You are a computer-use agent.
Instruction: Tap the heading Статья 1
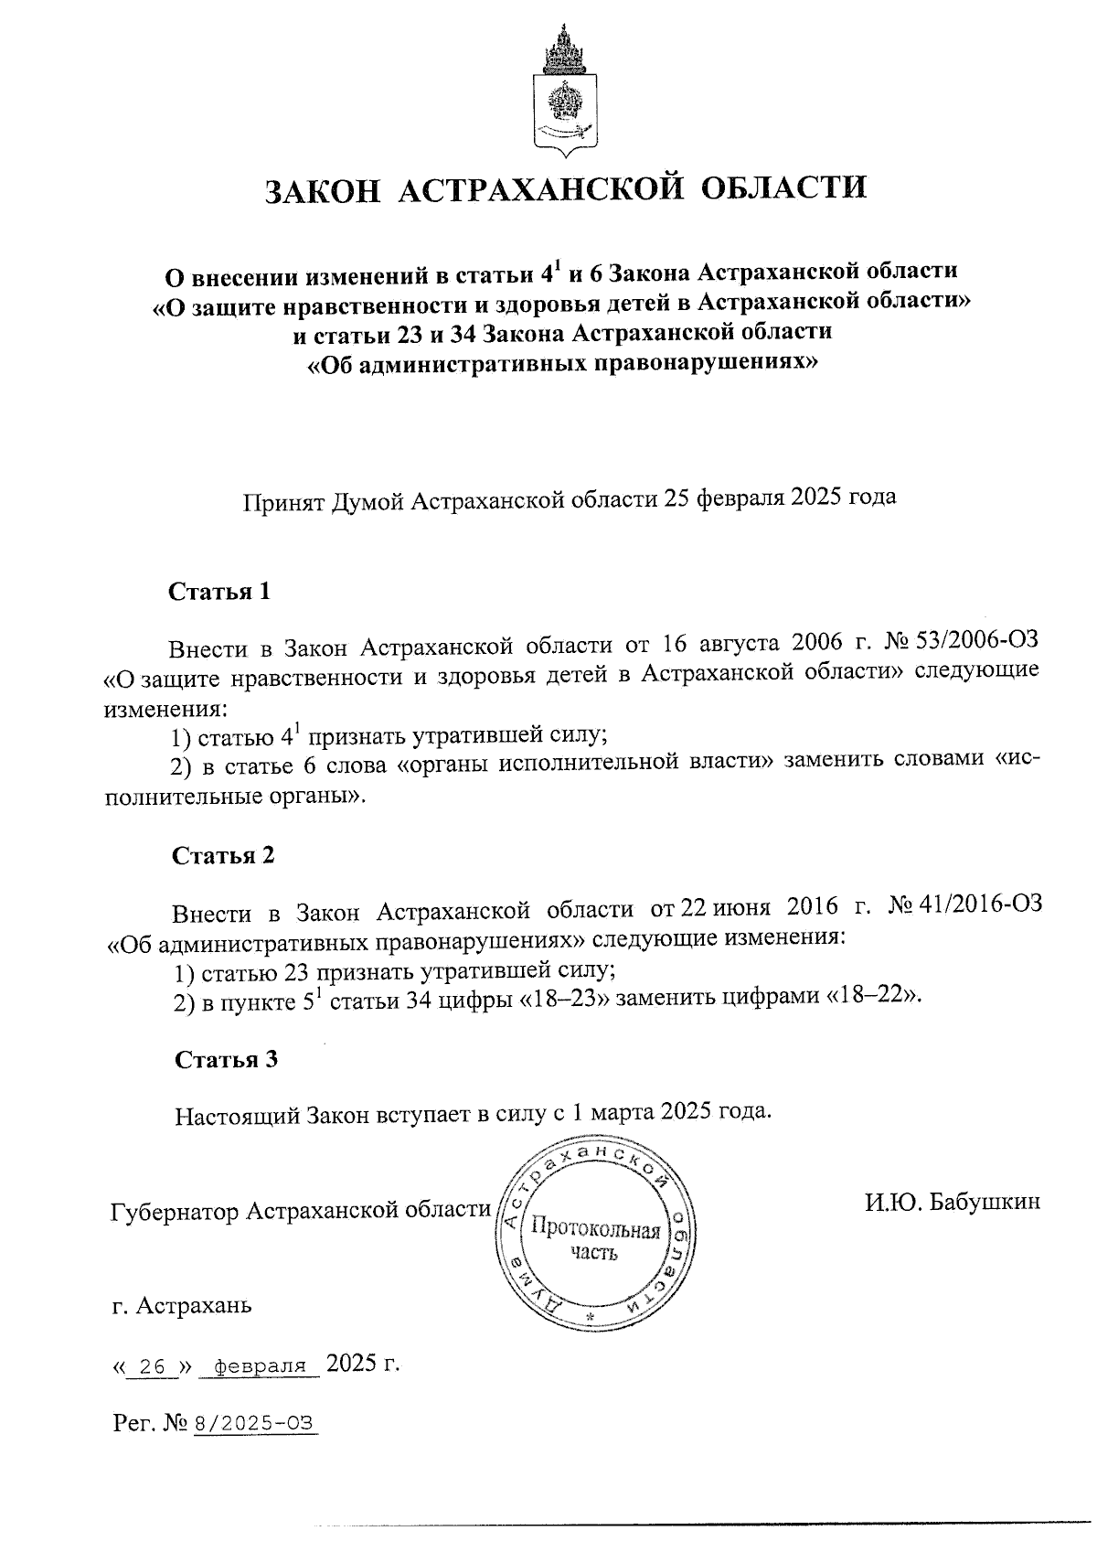[219, 591]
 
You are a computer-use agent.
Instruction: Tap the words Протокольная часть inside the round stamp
[595, 1240]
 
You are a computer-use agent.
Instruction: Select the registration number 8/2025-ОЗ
[253, 1424]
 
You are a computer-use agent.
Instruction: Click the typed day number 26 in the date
[153, 1367]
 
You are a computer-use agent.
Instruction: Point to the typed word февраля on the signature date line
[261, 1367]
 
